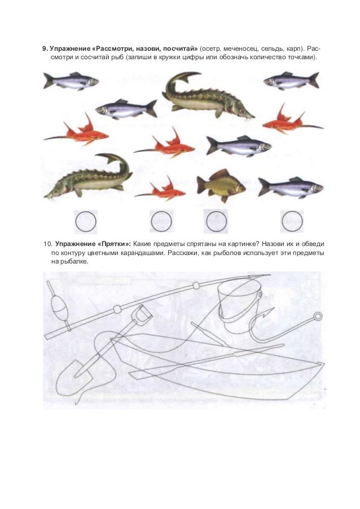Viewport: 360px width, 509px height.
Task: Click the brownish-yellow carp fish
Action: (x=220, y=185)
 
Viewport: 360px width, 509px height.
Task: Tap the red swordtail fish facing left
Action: (x=292, y=121)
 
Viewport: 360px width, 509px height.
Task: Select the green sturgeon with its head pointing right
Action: (x=208, y=96)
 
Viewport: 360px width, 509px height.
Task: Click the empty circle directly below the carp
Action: (x=217, y=221)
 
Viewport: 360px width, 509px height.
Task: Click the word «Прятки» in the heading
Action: (x=114, y=244)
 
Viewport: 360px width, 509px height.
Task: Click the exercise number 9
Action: (x=45, y=49)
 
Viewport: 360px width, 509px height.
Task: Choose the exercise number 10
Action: (x=47, y=244)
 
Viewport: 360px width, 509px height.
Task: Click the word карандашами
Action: (x=146, y=253)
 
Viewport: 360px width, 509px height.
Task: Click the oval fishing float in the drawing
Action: (x=60, y=308)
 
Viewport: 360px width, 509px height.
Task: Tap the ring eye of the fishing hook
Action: (x=318, y=315)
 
